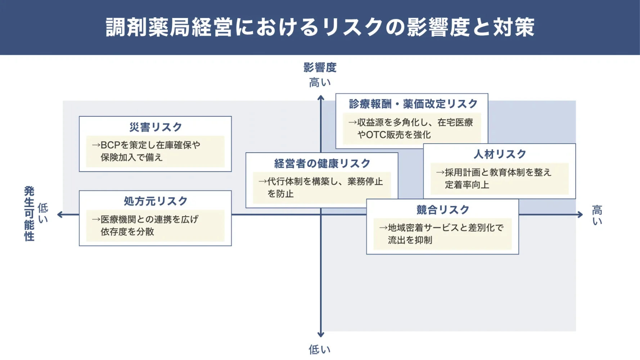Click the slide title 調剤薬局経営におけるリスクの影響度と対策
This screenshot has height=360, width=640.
pyautogui.click(x=320, y=27)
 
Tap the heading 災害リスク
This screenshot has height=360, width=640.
pyautogui.click(x=156, y=127)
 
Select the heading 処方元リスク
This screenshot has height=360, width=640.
pyautogui.click(x=156, y=201)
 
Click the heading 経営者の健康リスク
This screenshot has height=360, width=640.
pyautogui.click(x=322, y=163)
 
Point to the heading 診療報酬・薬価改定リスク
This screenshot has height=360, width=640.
pyautogui.click(x=413, y=104)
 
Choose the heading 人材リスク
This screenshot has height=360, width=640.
pyautogui.click(x=500, y=154)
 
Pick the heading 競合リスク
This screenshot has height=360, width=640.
pyautogui.click(x=443, y=210)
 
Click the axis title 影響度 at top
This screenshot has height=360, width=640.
pyautogui.click(x=320, y=67)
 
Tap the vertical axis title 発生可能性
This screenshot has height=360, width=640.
pyautogui.click(x=29, y=213)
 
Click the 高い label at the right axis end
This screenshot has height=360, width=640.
pyautogui.click(x=597, y=215)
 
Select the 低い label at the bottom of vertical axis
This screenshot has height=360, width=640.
pyautogui.click(x=320, y=349)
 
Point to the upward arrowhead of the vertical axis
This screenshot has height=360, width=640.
pyautogui.click(x=321, y=98)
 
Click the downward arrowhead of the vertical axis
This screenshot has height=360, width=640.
pyautogui.click(x=321, y=334)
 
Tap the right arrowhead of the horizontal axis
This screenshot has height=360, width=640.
pyautogui.click(x=580, y=215)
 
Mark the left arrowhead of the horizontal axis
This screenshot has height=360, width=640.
pyautogui.click(x=60, y=215)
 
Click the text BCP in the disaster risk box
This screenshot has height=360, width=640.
pyautogui.click(x=110, y=145)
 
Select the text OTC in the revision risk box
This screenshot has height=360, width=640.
pyautogui.click(x=376, y=135)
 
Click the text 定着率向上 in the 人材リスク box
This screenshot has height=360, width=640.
pyautogui.click(x=467, y=185)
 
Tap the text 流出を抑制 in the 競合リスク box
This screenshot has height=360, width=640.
pyautogui.click(x=410, y=240)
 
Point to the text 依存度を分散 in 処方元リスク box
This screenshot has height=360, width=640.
pyautogui.click(x=127, y=231)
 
